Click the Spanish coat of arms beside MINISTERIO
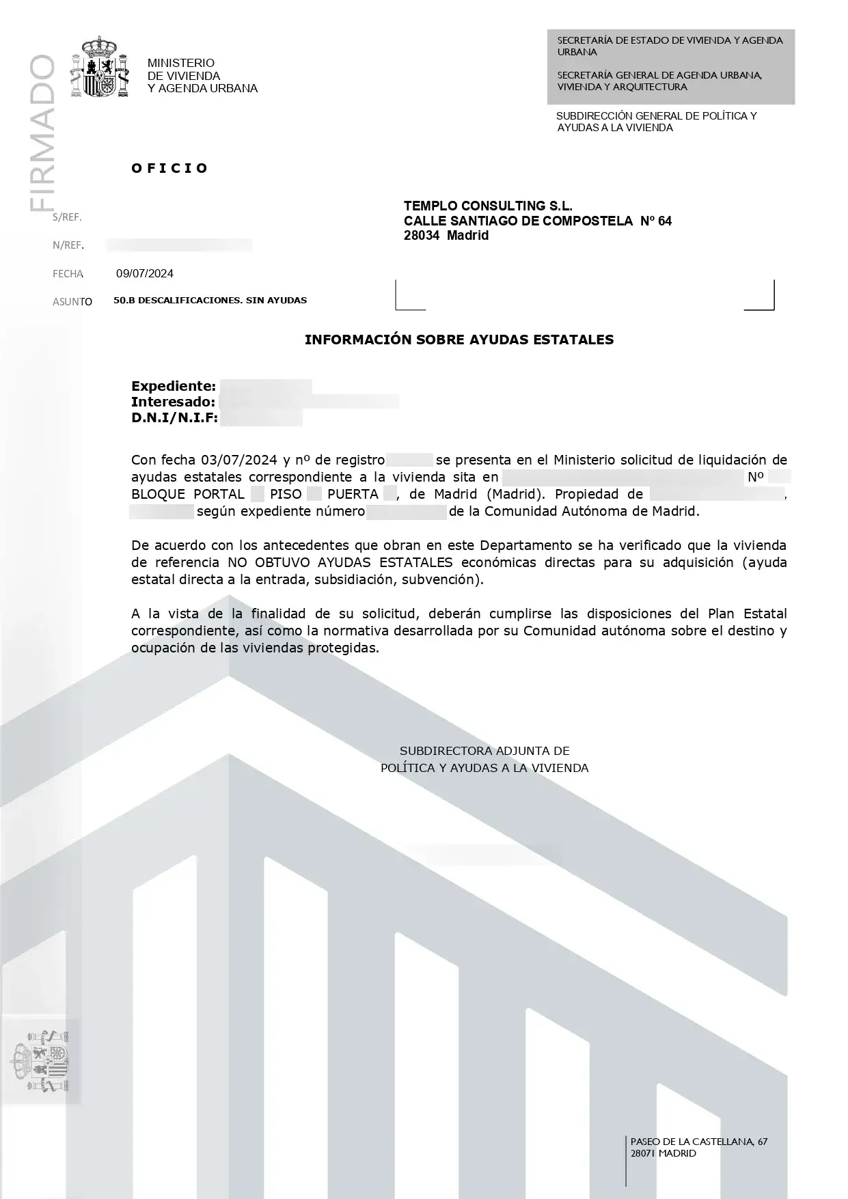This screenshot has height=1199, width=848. pyautogui.click(x=100, y=67)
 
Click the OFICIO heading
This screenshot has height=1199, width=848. pyautogui.click(x=169, y=168)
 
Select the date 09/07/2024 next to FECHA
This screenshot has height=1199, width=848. pyautogui.click(x=145, y=274)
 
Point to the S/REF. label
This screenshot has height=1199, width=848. pyautogui.click(x=67, y=217)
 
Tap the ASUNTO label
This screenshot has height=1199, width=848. pyautogui.click(x=72, y=301)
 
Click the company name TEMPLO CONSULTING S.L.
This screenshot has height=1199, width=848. pyautogui.click(x=488, y=206)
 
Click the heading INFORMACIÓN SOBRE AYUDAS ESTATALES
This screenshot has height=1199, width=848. pyautogui.click(x=459, y=340)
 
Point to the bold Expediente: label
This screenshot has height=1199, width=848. pyautogui.click(x=174, y=387)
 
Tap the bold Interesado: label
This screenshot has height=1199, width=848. pyautogui.click(x=174, y=402)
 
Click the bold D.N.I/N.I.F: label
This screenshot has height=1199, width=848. pyautogui.click(x=175, y=418)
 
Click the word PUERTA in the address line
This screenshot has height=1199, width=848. pyautogui.click(x=353, y=495)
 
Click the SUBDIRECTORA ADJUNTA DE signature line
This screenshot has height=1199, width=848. pyautogui.click(x=484, y=751)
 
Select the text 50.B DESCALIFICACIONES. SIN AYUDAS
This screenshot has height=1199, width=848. pyautogui.click(x=210, y=301)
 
